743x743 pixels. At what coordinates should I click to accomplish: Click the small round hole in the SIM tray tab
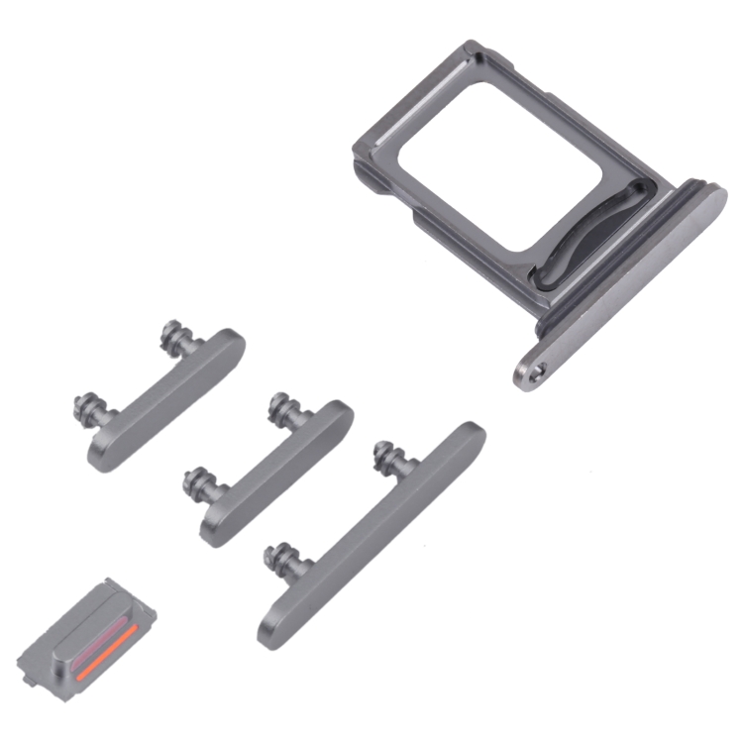click(x=536, y=371)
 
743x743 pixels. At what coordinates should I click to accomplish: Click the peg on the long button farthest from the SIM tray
click(x=276, y=559)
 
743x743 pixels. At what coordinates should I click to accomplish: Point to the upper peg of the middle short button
click(x=280, y=406)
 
